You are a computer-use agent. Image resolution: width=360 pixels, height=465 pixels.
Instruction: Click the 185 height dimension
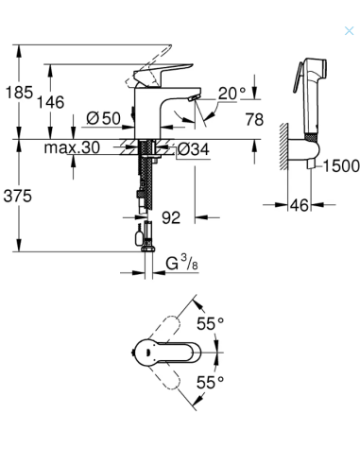pyautogui.click(x=19, y=95)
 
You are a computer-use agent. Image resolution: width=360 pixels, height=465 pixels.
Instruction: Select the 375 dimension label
pyautogui.click(x=19, y=196)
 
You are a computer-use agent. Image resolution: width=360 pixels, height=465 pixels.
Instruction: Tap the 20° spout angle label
pyautogui.click(x=231, y=93)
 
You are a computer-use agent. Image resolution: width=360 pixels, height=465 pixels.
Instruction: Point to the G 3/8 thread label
pyautogui.click(x=178, y=262)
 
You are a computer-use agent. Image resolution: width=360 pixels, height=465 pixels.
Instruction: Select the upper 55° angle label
pyautogui.click(x=210, y=323)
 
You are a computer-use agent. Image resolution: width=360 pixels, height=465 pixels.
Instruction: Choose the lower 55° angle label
pyautogui.click(x=210, y=382)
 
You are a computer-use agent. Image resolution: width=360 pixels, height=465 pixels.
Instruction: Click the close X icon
pyautogui.click(x=349, y=30)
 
